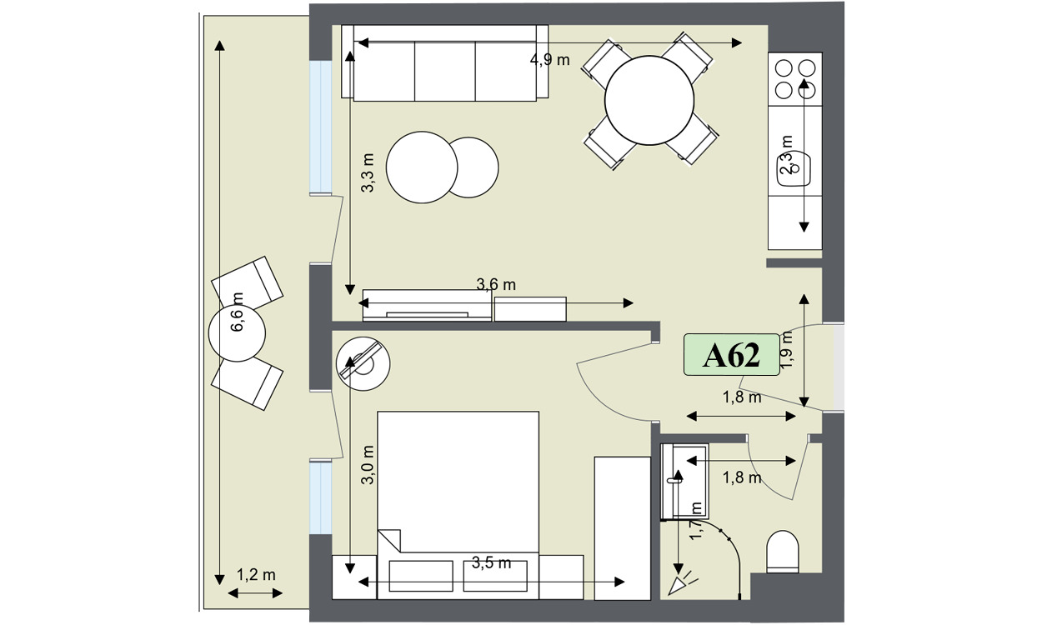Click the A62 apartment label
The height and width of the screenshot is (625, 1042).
(x=731, y=355)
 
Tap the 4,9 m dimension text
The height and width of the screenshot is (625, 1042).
(x=550, y=60)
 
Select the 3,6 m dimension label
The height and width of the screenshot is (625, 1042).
(x=496, y=285)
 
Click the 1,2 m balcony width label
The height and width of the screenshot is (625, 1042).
(x=256, y=575)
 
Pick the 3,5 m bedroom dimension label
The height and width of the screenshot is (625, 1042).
(x=492, y=562)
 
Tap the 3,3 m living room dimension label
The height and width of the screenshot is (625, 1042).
(x=368, y=172)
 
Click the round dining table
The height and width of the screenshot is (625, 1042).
(x=649, y=101)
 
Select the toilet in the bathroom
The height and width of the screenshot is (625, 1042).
(x=783, y=552)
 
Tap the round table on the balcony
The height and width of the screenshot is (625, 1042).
(x=237, y=333)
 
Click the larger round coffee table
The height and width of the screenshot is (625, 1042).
(x=422, y=167)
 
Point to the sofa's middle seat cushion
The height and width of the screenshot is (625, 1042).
(x=444, y=71)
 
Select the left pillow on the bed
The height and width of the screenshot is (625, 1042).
(x=421, y=576)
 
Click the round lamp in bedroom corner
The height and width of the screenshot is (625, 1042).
(x=363, y=363)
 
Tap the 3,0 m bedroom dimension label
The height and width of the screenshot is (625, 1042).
(x=368, y=465)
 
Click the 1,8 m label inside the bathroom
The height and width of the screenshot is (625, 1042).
(x=742, y=477)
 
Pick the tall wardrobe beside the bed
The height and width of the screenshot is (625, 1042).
(x=623, y=528)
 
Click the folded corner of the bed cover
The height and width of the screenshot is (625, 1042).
(x=390, y=540)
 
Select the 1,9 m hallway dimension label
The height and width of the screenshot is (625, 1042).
(x=786, y=350)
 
